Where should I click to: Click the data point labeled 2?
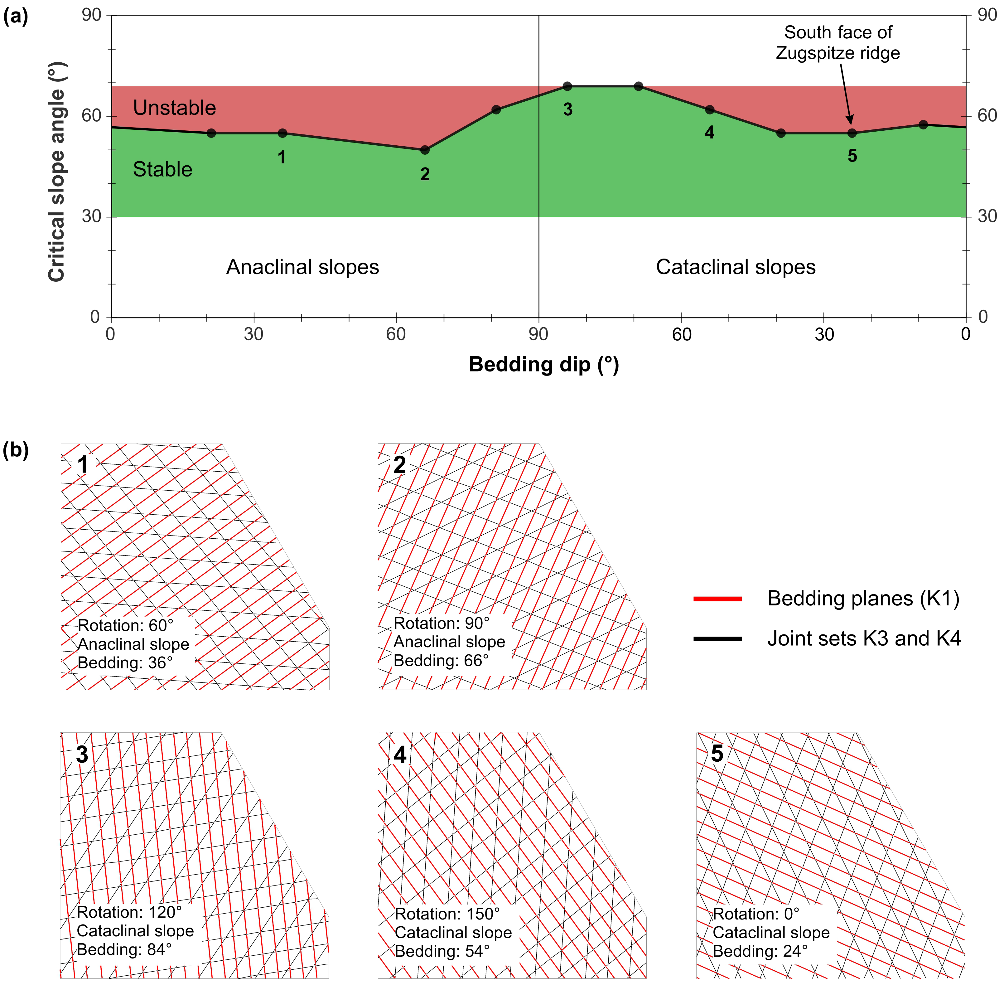tap(425, 150)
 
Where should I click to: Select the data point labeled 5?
tap(852, 133)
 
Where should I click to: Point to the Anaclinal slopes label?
tap(302, 267)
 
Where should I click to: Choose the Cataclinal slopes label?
tap(736, 267)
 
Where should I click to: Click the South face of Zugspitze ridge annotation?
tap(838, 42)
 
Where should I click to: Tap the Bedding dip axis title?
tap(544, 365)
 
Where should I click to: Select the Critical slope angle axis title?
tap(56, 172)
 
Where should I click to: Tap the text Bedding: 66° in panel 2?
tap(441, 661)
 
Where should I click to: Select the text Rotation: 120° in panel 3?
tap(129, 912)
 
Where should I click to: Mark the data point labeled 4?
tap(710, 110)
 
